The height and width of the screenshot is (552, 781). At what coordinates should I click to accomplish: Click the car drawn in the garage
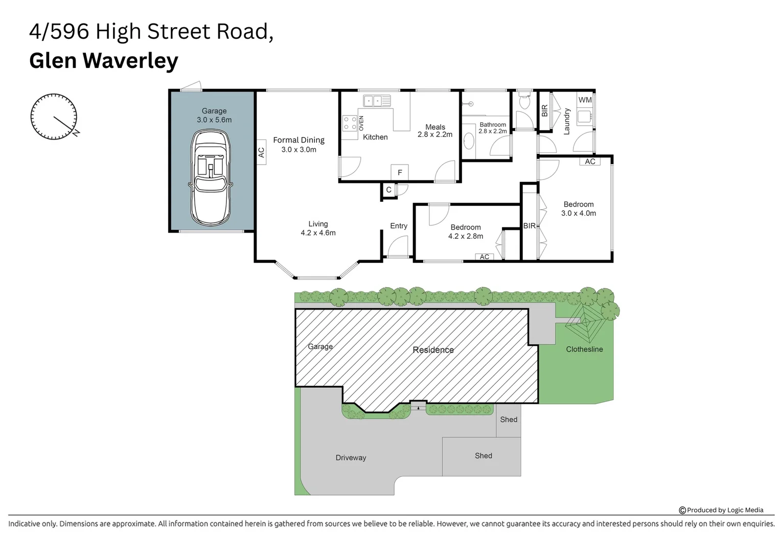(x=211, y=177)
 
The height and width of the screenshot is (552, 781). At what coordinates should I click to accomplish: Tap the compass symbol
(x=54, y=117)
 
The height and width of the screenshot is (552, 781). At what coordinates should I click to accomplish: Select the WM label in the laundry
(x=585, y=100)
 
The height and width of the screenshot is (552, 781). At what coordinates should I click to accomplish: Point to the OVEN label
(x=361, y=123)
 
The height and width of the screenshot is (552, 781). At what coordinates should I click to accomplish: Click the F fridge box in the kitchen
(x=400, y=172)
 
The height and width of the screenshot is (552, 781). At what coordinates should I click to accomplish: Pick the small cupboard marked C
(x=388, y=190)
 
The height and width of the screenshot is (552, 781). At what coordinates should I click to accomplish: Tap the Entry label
(x=399, y=226)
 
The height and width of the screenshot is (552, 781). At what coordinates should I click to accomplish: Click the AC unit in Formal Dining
(x=261, y=152)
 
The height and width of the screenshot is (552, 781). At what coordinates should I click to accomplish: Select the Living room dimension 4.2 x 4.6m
(x=318, y=233)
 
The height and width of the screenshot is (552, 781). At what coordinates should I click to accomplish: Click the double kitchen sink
(x=377, y=101)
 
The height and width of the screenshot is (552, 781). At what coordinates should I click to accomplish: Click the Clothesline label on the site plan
(x=584, y=349)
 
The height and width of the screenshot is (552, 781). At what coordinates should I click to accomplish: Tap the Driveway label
(x=351, y=457)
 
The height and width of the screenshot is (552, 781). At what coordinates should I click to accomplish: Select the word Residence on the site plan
(x=433, y=350)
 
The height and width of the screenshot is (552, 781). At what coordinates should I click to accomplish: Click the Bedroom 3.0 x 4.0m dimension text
(x=579, y=213)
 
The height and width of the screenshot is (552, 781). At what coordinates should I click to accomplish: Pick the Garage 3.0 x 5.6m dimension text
(x=214, y=120)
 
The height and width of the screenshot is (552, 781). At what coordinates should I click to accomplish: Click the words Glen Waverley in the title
(x=104, y=60)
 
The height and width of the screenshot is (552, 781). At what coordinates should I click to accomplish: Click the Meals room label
(x=435, y=127)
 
